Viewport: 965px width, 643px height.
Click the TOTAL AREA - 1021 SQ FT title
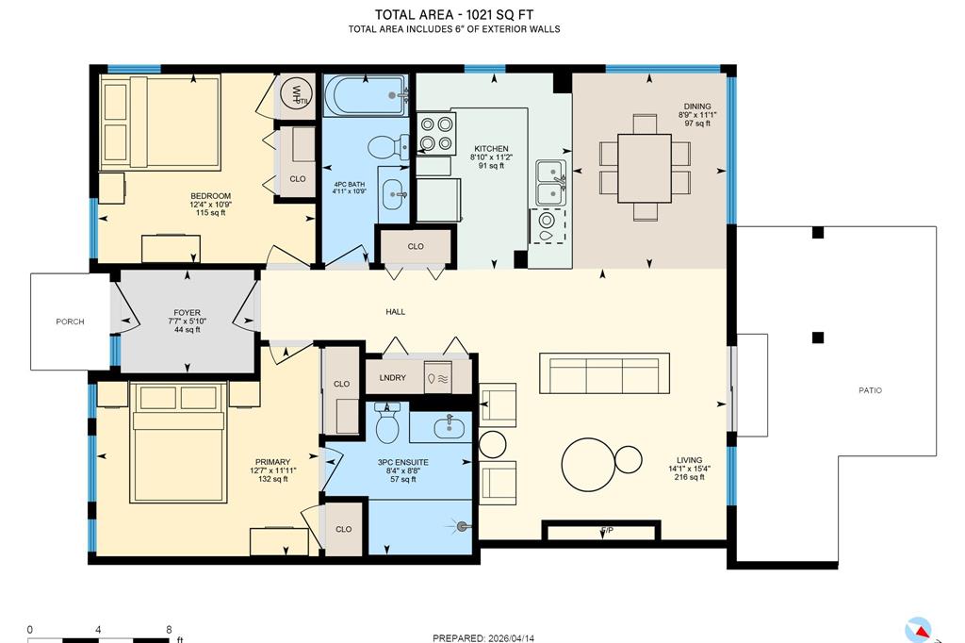tap(454, 14)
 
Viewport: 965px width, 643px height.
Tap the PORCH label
tap(70, 321)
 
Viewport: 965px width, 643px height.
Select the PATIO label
tap(871, 390)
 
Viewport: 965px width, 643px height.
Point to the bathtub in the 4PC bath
tap(366, 95)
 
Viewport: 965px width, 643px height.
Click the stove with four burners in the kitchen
tap(435, 133)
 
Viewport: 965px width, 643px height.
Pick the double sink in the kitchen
tap(550, 183)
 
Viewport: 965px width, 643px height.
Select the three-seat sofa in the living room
tap(604, 373)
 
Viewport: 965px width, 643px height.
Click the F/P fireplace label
tap(607, 531)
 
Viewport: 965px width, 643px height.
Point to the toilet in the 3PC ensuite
tap(388, 424)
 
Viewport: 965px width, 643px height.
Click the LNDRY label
tap(392, 378)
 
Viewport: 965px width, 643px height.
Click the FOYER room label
tap(187, 313)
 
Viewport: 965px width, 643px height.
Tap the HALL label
tap(396, 312)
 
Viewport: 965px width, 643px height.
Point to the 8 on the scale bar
tap(169, 629)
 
